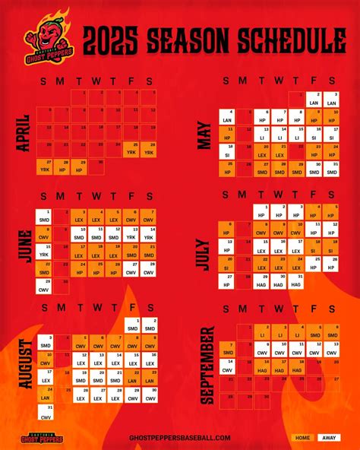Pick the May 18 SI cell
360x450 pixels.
tap(226, 150)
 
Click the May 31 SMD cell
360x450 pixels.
tap(331, 167)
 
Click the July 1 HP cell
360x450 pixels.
tap(261, 212)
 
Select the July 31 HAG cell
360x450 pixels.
tap(297, 279)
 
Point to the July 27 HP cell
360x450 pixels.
tap(226, 279)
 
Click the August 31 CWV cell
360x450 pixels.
tap(45, 413)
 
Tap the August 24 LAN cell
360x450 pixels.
tap(45, 396)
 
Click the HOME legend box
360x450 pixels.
tap(302, 438)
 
